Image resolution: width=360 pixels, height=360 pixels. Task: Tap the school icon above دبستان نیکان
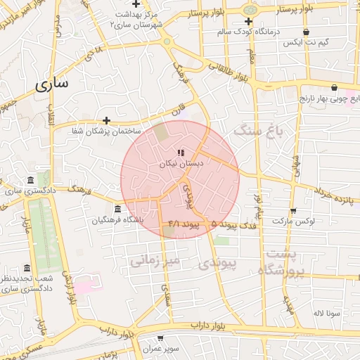pos(181,152)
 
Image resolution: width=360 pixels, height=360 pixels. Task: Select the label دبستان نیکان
pos(181,163)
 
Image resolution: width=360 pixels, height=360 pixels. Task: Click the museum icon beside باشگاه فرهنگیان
pos(117,210)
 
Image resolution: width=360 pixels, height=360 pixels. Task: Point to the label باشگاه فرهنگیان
pos(117,220)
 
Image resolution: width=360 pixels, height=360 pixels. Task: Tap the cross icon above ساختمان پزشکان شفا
pos(106,120)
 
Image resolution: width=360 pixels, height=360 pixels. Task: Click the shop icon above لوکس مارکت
pos(292,210)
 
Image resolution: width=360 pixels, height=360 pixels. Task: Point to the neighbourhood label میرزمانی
pos(155,261)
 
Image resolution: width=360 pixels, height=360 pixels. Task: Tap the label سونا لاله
pos(328,312)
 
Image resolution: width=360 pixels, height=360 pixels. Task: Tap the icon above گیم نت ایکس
pos(306,32)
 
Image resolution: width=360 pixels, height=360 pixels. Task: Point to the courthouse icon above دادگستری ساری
pos(29,180)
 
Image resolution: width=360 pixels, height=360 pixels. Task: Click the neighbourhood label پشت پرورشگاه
pos(281,262)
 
